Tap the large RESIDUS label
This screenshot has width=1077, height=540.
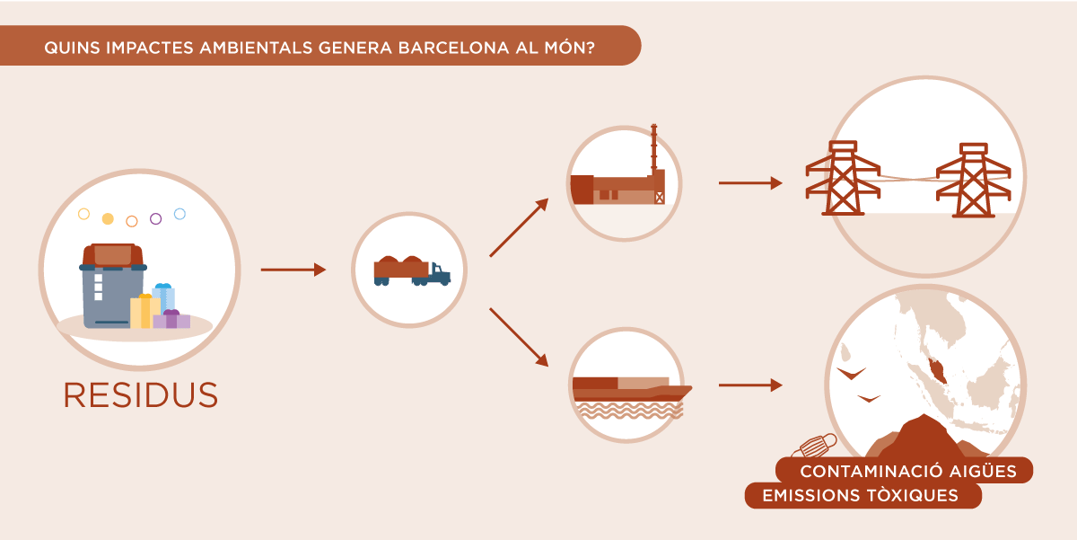141,395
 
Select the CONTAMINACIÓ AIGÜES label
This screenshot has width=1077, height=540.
908,471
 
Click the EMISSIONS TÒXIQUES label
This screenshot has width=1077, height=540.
860,495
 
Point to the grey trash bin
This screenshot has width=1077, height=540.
111,287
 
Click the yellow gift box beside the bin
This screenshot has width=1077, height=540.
144,311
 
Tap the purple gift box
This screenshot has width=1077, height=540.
171,319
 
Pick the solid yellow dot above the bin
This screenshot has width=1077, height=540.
108,219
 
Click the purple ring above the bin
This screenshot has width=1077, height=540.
155,219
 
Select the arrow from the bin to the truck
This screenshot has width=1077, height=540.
293,270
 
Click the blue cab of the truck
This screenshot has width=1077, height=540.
440,274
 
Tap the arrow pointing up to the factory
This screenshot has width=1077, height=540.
520,227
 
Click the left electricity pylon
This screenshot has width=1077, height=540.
843,178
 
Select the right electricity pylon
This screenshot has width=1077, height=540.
973,181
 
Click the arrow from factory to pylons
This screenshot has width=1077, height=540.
750,183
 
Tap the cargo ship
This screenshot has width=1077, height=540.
632,389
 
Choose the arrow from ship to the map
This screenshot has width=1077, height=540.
750,385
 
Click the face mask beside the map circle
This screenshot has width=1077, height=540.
815,446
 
